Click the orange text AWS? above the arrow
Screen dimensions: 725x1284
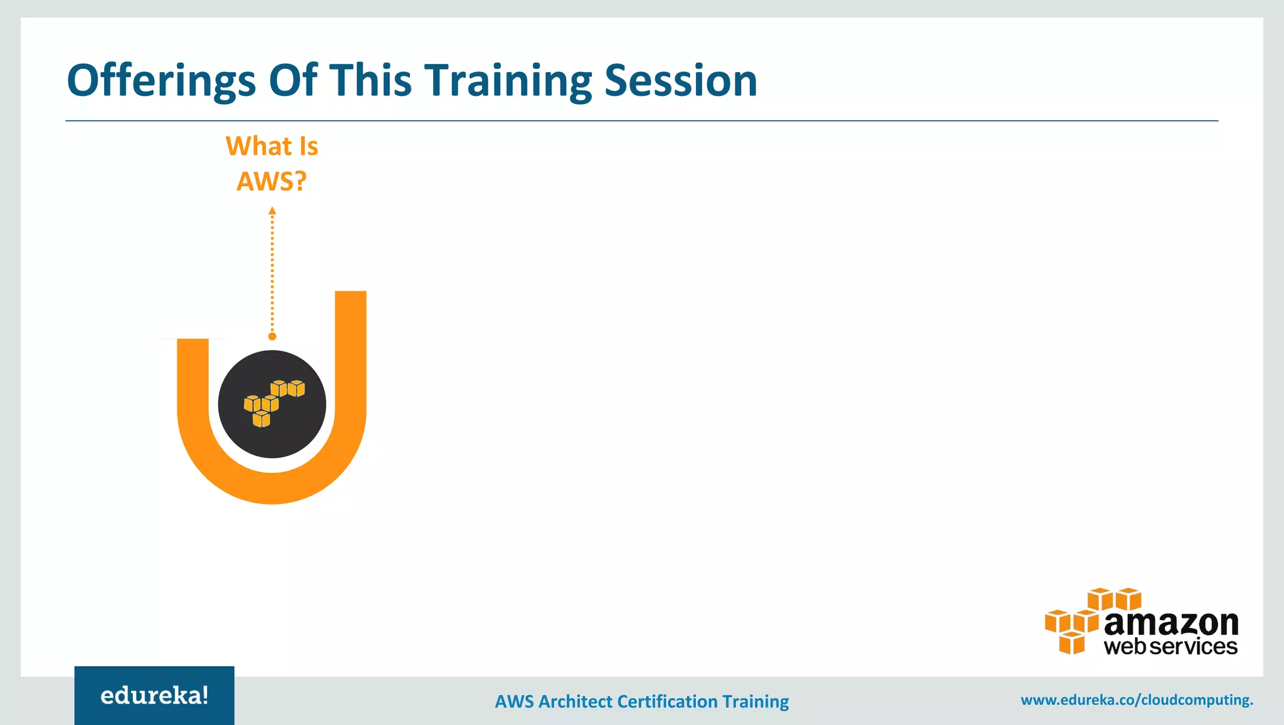tap(271, 182)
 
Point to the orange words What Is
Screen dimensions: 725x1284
tap(271, 146)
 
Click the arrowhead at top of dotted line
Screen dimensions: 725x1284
tap(272, 211)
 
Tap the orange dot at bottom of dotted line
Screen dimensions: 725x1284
tap(272, 336)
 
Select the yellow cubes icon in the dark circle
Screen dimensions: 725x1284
tap(274, 402)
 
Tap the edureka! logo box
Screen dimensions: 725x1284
tap(154, 696)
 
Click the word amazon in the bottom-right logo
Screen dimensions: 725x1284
tap(1171, 623)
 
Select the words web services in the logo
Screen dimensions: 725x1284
tap(1171, 646)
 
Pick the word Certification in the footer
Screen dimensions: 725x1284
tap(667, 701)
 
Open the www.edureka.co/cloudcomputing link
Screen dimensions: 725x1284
tap(1136, 699)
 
